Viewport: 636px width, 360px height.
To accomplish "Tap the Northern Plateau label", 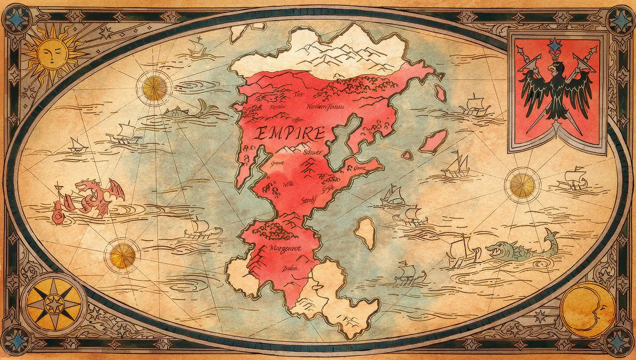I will (x=325, y=107).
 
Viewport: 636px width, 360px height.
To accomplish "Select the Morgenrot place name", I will (x=286, y=249).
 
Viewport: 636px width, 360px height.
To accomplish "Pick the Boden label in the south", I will (x=290, y=269).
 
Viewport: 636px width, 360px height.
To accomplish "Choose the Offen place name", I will (x=298, y=119).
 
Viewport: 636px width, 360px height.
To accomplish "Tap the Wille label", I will (x=288, y=185).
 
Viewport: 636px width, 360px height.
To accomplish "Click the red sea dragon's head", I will (x=85, y=186).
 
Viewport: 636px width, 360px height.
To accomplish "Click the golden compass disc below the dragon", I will (x=121, y=255).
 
